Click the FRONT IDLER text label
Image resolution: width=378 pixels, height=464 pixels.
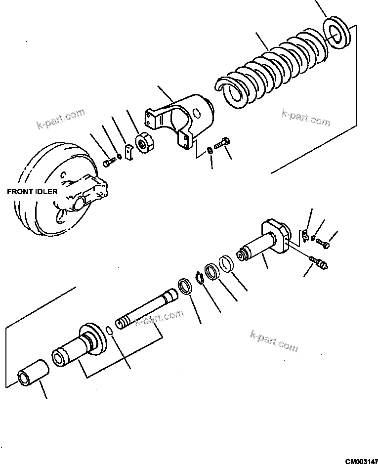point(32,191)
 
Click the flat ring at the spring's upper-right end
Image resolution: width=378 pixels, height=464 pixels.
point(337,34)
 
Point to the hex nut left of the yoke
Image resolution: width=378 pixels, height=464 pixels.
point(144,144)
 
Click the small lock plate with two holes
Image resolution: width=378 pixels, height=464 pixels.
point(128,152)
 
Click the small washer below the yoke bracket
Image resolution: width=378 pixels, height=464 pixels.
point(210,149)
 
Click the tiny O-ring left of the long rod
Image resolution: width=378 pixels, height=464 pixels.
point(111,329)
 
